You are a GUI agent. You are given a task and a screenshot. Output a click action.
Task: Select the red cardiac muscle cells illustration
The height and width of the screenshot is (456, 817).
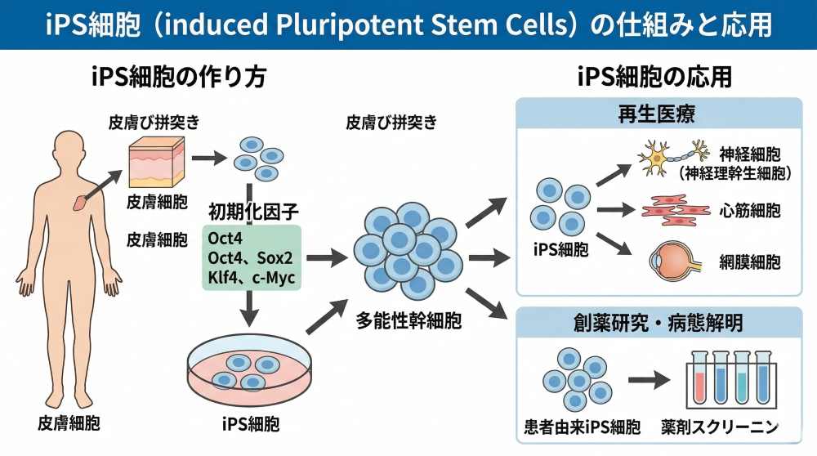pos(675,209)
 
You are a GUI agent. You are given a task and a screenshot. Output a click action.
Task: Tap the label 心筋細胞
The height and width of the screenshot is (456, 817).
pos(750,210)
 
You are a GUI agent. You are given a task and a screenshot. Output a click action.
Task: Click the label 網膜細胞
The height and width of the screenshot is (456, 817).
pos(750,262)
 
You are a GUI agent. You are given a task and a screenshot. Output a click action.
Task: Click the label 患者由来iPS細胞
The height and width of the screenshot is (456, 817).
pos(581,427)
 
